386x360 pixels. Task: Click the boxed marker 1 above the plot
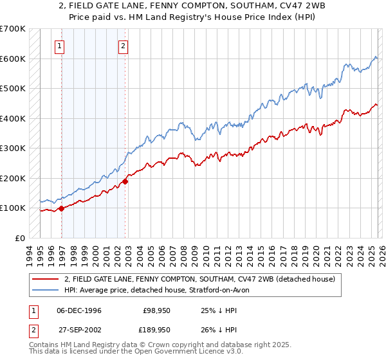[59, 46]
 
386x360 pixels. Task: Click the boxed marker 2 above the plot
[122, 46]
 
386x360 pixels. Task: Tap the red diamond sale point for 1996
[62, 208]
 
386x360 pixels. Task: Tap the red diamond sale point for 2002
[125, 181]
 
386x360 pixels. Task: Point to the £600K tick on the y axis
[13, 59]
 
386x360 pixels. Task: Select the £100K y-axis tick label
[13, 208]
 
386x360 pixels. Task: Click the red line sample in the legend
[46, 280]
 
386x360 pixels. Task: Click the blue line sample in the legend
[46, 291]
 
